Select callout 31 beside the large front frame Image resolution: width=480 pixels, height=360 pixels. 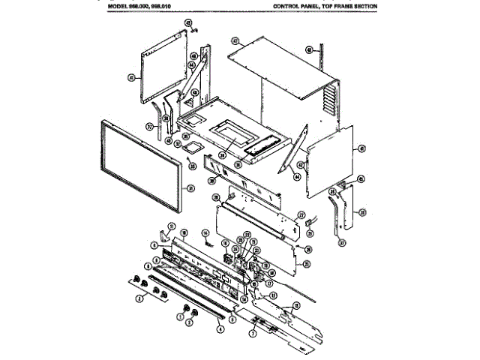(190, 187)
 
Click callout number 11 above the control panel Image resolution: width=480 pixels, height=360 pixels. (171, 226)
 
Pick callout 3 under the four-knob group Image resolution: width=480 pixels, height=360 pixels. (139, 299)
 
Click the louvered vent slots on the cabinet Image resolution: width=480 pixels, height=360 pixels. (327, 101)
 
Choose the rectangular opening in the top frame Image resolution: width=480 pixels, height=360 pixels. (229, 137)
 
